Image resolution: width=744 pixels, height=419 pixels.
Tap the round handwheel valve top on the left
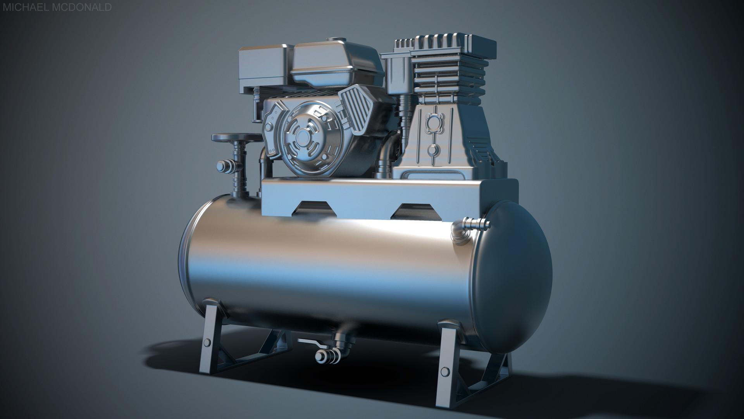tap(236, 137)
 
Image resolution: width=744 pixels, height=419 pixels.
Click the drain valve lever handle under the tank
tap(310, 342)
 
